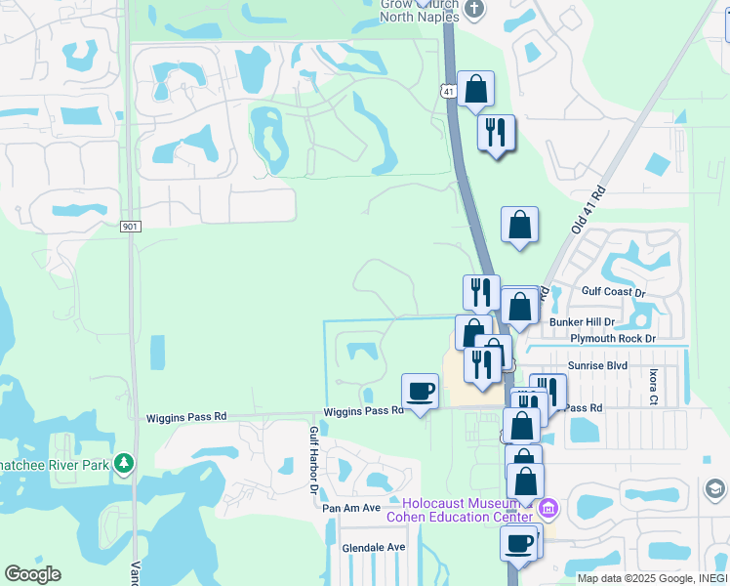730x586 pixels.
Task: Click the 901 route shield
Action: click(131, 227)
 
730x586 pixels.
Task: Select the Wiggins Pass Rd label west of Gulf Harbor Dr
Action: click(186, 417)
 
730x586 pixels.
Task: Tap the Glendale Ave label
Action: click(373, 548)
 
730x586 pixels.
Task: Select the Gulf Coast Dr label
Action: click(613, 292)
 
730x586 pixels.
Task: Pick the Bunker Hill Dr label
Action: click(582, 321)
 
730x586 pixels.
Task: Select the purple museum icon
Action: click(547, 509)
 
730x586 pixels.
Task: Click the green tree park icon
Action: click(124, 462)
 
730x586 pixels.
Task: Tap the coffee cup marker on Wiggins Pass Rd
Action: click(421, 392)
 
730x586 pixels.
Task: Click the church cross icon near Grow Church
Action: click(474, 9)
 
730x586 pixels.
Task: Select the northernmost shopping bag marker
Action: click(475, 90)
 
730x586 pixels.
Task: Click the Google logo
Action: click(32, 574)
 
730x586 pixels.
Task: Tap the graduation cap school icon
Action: click(713, 488)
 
